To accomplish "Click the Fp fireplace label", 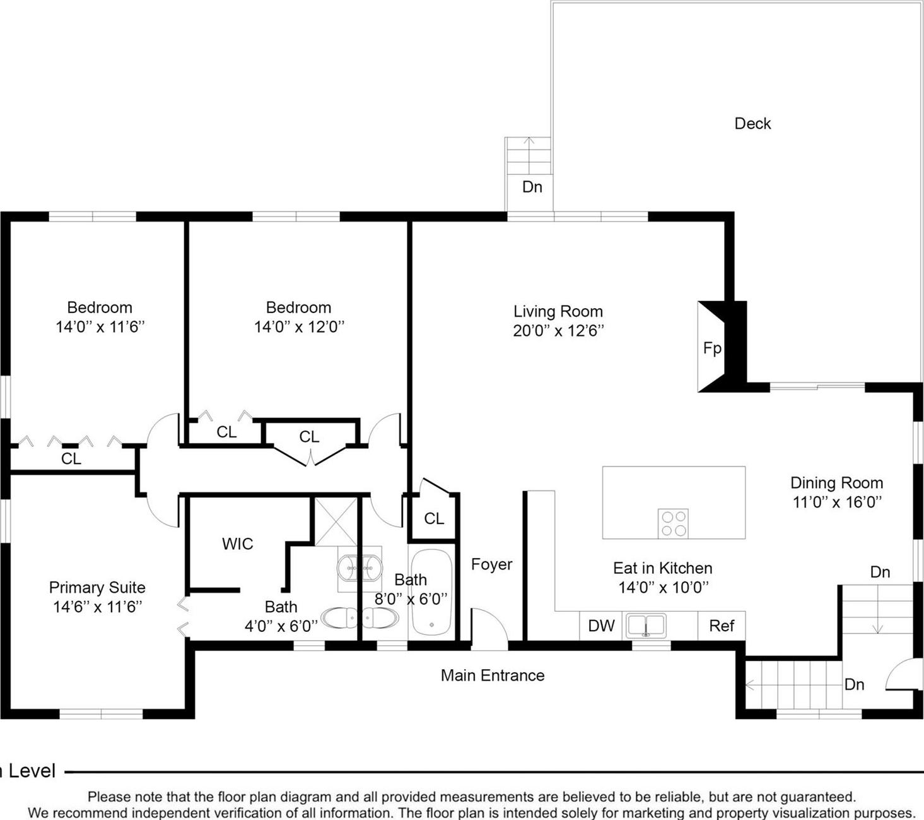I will click(712, 348).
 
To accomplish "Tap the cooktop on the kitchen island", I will click(673, 523).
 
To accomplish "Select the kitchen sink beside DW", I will click(646, 626).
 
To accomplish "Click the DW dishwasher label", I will click(601, 626).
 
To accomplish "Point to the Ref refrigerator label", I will click(722, 626).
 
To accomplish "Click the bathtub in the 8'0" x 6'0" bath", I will click(431, 592).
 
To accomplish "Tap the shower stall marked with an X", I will click(336, 521).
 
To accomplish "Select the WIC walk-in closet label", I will click(237, 544).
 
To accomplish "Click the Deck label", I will click(752, 124).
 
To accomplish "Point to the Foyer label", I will click(491, 564).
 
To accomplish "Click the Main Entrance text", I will click(493, 675).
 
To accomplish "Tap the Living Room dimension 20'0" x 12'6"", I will click(558, 331).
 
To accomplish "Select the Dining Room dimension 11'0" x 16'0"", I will click(837, 502).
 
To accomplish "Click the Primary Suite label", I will click(97, 588).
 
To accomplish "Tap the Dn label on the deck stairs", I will click(532, 187).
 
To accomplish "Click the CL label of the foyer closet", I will click(434, 518).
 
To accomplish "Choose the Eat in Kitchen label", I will click(662, 568).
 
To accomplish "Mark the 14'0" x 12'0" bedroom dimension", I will click(299, 327).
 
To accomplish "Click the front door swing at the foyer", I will click(489, 627).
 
